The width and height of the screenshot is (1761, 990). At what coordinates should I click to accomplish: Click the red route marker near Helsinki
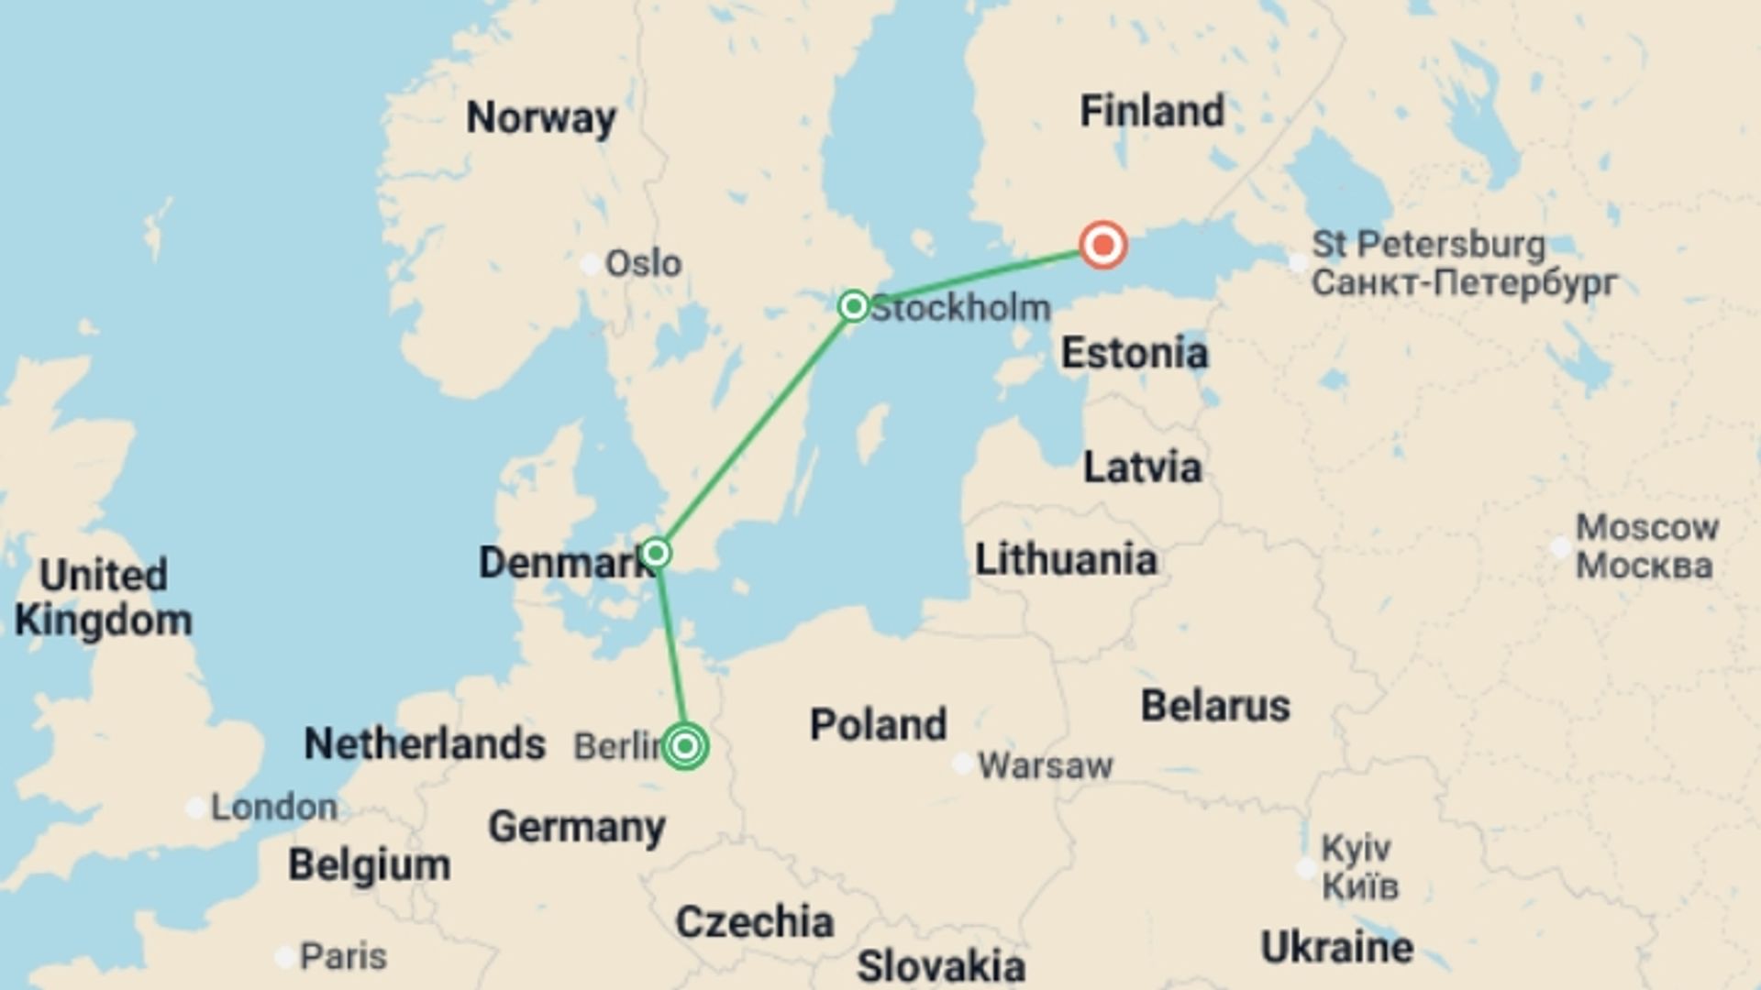coord(1102,245)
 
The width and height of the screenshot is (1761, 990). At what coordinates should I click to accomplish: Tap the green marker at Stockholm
coord(854,305)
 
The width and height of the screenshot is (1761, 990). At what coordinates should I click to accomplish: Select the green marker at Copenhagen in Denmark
coord(656,553)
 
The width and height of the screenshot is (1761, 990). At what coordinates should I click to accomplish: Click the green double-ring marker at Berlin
coord(684,746)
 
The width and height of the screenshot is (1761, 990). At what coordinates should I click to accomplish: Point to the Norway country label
coord(541,117)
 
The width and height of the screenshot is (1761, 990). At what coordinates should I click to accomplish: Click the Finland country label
coord(1152,111)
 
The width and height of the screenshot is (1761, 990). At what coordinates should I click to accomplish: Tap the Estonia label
coord(1135,353)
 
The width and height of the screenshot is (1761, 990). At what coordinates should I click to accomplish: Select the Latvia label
coord(1142,467)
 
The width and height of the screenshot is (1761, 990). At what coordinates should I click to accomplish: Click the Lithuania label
coord(1066,559)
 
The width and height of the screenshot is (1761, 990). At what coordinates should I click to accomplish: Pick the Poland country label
coord(878,724)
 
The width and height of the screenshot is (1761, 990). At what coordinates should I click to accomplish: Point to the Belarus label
coord(1215,706)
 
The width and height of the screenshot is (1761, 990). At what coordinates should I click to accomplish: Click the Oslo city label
coord(643,264)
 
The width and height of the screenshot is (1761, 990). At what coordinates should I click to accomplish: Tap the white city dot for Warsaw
coord(962,764)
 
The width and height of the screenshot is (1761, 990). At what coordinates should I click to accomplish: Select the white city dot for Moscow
coord(1560,547)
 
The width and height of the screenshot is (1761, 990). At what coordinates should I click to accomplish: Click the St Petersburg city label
coord(1428,245)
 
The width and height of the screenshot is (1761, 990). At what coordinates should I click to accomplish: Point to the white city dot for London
coord(195,808)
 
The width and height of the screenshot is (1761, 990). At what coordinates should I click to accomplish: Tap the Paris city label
coord(343,956)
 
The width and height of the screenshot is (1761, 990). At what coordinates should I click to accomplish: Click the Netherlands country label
coord(425,743)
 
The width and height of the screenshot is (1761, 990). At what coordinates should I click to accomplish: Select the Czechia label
coord(754,921)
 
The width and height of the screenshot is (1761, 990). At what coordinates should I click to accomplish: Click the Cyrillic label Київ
coord(1360,886)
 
